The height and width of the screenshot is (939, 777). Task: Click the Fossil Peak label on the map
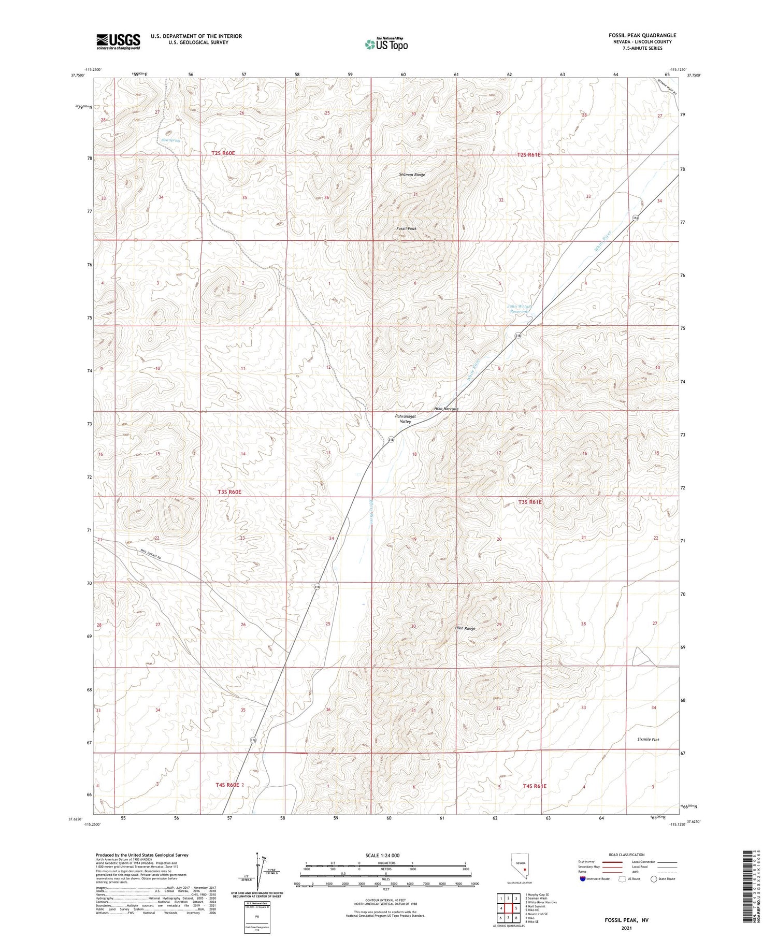[x=407, y=228]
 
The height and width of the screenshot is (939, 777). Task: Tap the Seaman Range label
[x=412, y=175]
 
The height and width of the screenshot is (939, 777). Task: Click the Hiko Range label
[x=465, y=628]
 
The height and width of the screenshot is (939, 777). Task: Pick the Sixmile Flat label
[x=648, y=740]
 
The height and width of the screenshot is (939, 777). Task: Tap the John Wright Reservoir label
[x=519, y=309]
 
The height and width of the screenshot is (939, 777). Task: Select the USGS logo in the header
[x=118, y=41]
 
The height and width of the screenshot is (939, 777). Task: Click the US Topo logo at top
[x=386, y=45]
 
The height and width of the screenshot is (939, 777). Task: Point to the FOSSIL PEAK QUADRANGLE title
[x=642, y=35]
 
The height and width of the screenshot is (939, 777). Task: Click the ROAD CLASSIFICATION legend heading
[x=627, y=855]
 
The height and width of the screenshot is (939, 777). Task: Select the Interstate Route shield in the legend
[x=583, y=879]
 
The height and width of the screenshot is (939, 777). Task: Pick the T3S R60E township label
[x=226, y=492]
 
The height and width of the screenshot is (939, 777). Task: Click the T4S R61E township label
[x=535, y=786]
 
